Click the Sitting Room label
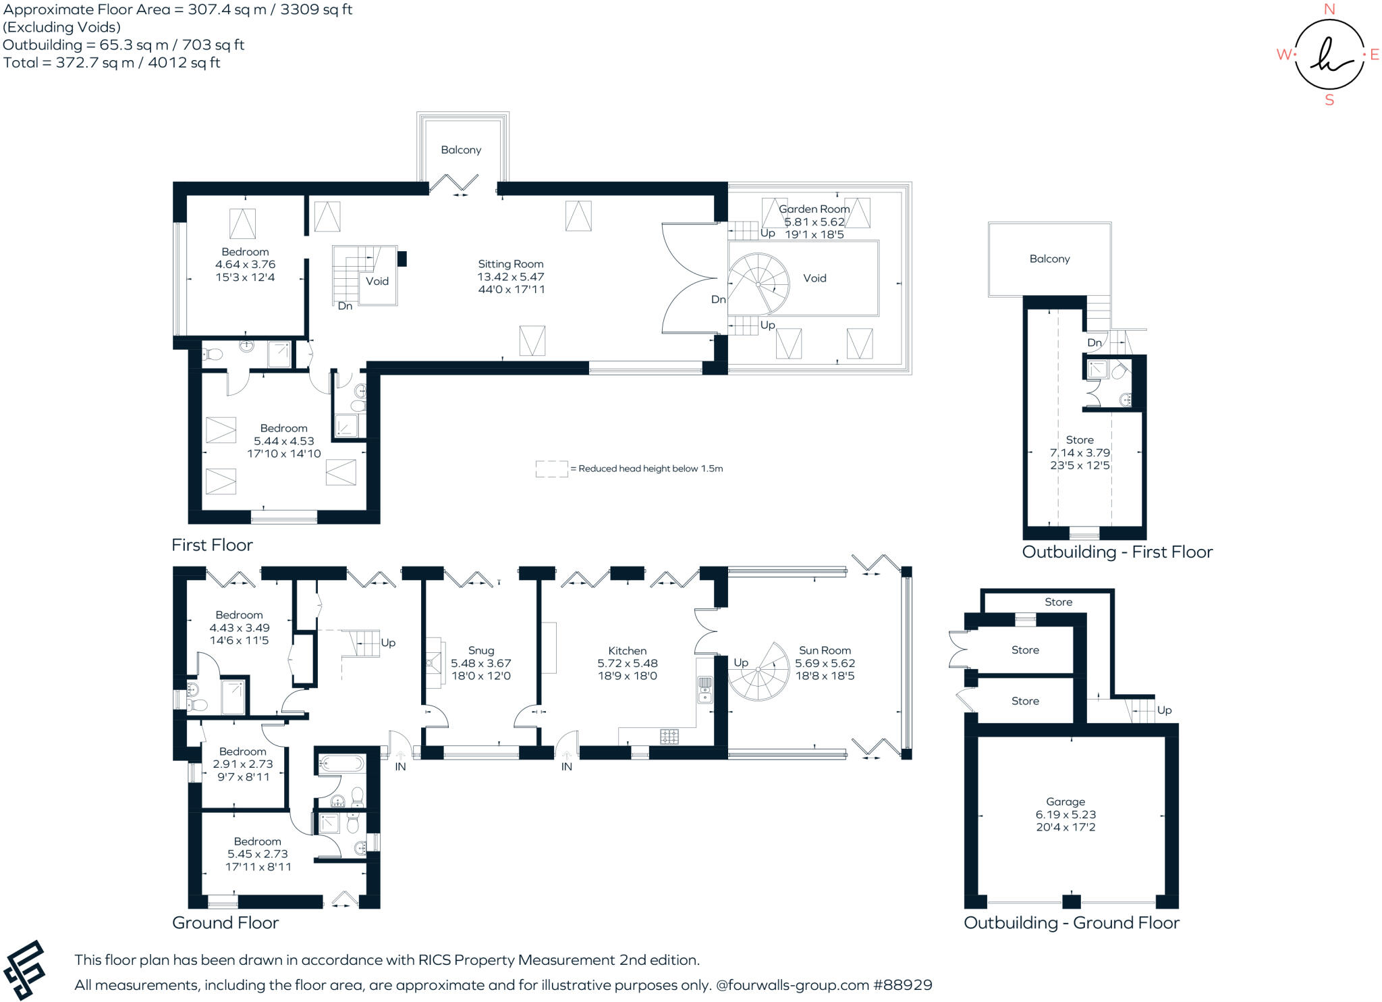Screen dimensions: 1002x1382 click(510, 264)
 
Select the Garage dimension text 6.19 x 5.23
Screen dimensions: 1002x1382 click(1066, 814)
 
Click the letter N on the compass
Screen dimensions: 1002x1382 click(1329, 9)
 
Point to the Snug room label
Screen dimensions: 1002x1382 click(481, 650)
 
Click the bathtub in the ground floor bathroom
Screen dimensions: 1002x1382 click(341, 764)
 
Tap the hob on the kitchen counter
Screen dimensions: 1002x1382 click(669, 737)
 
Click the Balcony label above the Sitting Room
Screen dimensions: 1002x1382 click(461, 150)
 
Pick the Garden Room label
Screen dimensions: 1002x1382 click(814, 209)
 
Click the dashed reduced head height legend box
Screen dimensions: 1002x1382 click(551, 469)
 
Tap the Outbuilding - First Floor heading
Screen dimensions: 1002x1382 click(1117, 552)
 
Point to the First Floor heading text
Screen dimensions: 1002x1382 click(212, 545)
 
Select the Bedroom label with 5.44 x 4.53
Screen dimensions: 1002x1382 click(283, 428)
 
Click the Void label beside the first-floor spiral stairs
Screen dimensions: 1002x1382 click(814, 278)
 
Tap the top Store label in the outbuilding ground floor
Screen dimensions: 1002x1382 click(1058, 602)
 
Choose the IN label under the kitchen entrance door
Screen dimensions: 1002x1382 click(566, 766)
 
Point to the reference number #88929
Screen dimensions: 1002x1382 click(902, 985)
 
